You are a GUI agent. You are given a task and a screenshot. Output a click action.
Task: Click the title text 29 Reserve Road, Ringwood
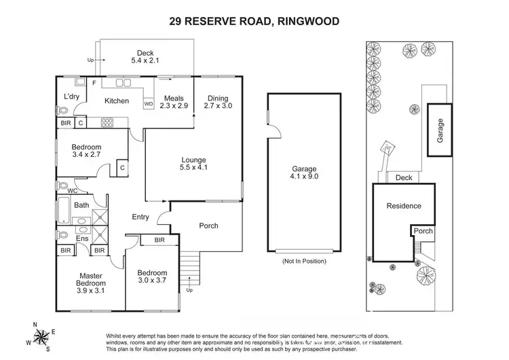(x=254, y=21)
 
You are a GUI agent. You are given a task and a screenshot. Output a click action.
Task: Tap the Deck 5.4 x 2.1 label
(x=145, y=57)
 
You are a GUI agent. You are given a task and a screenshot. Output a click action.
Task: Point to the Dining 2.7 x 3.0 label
(x=219, y=101)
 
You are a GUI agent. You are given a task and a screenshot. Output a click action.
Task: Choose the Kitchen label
(x=116, y=101)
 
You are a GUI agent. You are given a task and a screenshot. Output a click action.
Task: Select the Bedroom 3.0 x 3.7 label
(x=153, y=278)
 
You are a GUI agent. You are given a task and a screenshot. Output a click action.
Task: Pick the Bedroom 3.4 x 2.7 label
(x=87, y=151)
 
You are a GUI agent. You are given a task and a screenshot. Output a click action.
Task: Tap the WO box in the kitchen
(x=149, y=104)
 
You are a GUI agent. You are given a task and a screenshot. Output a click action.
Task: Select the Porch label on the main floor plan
(x=208, y=226)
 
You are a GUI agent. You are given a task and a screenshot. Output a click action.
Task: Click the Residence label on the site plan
(x=403, y=206)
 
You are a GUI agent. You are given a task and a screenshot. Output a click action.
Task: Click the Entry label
(x=140, y=217)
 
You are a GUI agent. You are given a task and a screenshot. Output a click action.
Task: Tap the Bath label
(x=81, y=205)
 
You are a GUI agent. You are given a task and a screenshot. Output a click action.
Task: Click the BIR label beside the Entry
(x=159, y=240)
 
